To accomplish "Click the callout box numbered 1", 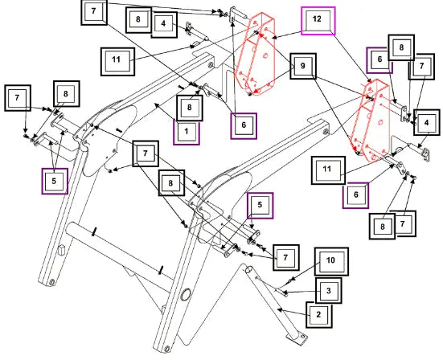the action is [x=187, y=132].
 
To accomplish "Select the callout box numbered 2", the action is [x=319, y=314].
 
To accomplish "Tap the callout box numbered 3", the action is [x=328, y=291].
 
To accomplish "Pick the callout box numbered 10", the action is [x=331, y=261].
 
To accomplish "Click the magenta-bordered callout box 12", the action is [x=318, y=21].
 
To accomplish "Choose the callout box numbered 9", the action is [x=303, y=66].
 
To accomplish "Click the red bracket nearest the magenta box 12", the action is [x=255, y=54].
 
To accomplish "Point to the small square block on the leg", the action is [x=61, y=250].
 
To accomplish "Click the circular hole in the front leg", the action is [x=186, y=295].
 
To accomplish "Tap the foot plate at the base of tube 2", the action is [x=297, y=339].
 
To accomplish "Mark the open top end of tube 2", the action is [x=248, y=269].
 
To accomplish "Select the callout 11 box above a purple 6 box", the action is [x=328, y=170].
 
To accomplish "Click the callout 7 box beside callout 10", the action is [x=285, y=257].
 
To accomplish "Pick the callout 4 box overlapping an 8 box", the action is [x=165, y=24].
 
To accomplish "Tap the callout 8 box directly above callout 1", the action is [x=190, y=108].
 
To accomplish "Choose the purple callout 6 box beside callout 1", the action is [x=244, y=126].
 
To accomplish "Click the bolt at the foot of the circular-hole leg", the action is [x=167, y=349].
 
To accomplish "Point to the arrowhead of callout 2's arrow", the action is [x=279, y=309].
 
